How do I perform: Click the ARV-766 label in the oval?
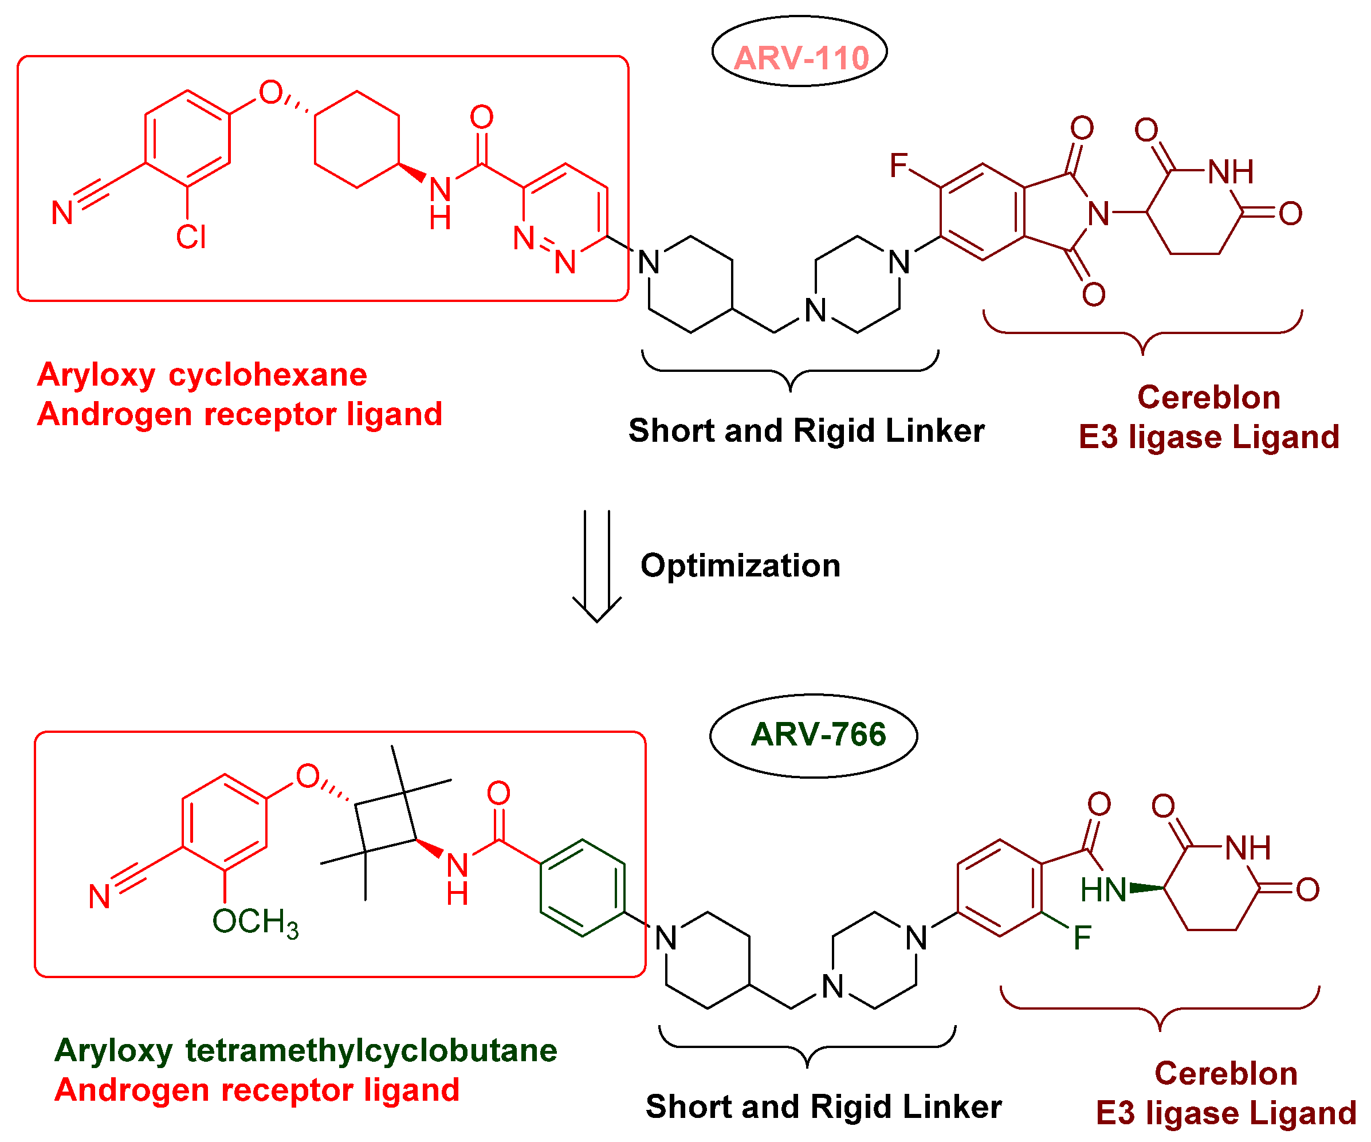tap(818, 735)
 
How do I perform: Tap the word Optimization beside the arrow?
tap(740, 566)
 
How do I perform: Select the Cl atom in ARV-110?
tap(191, 237)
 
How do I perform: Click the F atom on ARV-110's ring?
tap(898, 165)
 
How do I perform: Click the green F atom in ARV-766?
tap(1082, 938)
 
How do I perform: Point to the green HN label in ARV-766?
tap(1103, 890)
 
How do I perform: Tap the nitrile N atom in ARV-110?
tap(62, 213)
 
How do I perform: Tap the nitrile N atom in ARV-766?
tap(99, 897)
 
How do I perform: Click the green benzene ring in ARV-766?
tap(582, 888)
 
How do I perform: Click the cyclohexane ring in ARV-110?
tap(356, 140)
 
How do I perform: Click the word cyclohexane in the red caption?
tap(268, 375)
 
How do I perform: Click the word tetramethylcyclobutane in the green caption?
tap(371, 1050)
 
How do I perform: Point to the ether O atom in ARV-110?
tap(270, 93)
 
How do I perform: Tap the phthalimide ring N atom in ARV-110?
tap(1099, 214)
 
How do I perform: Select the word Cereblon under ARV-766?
tap(1225, 1074)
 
